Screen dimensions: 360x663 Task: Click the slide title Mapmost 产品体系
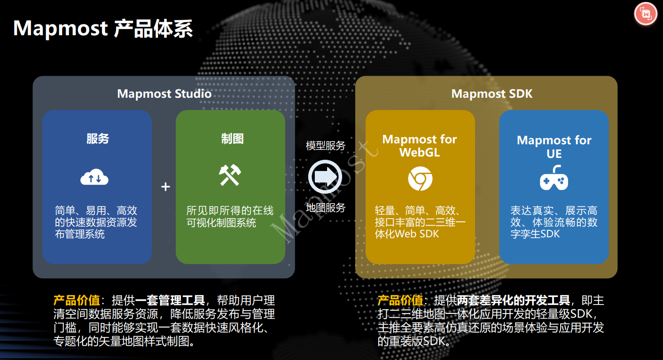103,29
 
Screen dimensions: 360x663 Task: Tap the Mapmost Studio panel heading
164,94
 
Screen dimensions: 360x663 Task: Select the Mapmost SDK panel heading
491,94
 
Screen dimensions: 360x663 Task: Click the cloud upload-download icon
94,178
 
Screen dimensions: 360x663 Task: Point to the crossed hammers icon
230,175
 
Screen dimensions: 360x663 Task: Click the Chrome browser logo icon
420,179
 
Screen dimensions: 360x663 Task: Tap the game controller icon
554,179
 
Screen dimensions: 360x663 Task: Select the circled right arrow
325,176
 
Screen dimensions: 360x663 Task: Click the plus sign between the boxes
165,187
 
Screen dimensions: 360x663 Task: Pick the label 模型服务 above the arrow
326,146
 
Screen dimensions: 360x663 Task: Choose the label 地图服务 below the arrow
326,207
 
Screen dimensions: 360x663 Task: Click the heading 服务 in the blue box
97,139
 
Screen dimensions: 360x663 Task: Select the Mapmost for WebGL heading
420,146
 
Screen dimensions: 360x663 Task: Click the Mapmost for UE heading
554,147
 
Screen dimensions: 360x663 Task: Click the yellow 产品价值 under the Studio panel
77,300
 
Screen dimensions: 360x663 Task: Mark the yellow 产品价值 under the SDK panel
400,300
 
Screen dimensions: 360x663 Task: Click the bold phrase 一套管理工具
170,300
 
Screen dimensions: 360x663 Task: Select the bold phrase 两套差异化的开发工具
514,300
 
